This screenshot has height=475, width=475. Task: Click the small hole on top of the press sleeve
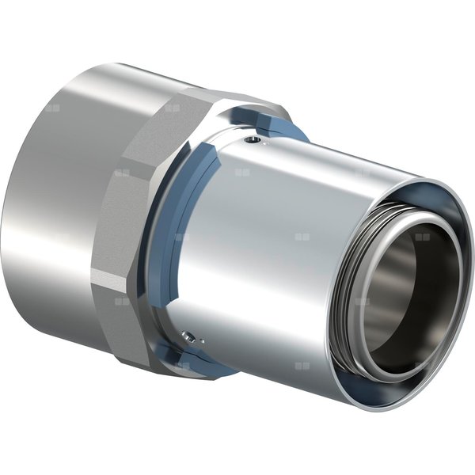pyautogui.click(x=251, y=142)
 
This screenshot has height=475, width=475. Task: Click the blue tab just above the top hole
pyautogui.click(x=273, y=126)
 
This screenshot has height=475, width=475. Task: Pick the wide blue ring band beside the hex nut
pyautogui.click(x=162, y=237)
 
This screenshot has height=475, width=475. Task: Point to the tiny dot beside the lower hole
pyautogui.click(x=199, y=341)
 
